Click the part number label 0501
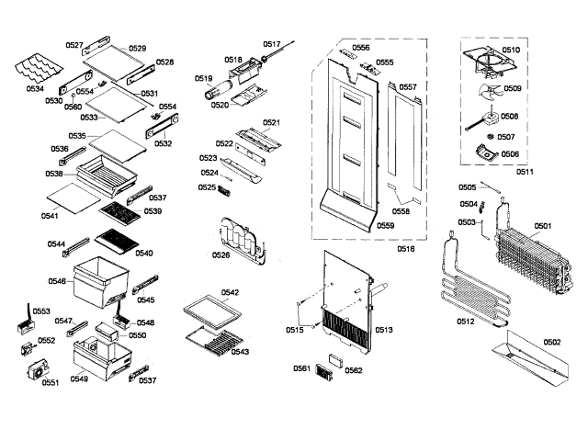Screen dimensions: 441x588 [x=543, y=225]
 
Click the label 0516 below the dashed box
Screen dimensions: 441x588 [x=405, y=249]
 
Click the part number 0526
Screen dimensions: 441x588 [x=220, y=254]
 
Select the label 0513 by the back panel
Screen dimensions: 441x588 [x=384, y=329]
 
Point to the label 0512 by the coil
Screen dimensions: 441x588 [x=467, y=322]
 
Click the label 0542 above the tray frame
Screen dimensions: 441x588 [x=230, y=292]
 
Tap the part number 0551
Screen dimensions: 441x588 [x=51, y=382]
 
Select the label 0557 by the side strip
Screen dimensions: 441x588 [x=408, y=87]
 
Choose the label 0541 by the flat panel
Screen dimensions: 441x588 [x=50, y=216]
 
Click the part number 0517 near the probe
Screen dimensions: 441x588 [x=272, y=43]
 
